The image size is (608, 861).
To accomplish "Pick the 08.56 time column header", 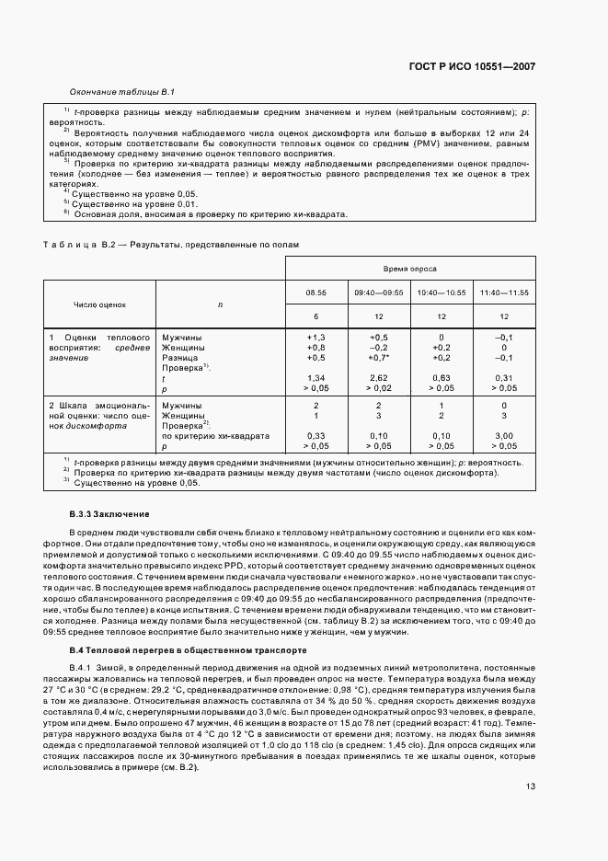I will click(316, 293).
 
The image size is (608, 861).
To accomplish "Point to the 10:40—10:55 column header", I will click(441, 293).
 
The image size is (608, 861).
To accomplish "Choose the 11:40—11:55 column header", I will click(504, 293).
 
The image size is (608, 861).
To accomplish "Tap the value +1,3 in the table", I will click(316, 338).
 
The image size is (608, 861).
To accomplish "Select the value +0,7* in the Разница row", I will click(380, 358).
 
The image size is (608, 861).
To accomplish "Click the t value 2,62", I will click(379, 378).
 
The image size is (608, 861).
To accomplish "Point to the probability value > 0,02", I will click(379, 388).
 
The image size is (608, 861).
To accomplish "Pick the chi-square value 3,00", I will click(504, 435).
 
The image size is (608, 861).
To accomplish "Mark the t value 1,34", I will click(316, 378).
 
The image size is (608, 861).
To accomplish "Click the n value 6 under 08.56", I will click(316, 316).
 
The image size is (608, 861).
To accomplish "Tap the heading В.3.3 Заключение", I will click(109, 512).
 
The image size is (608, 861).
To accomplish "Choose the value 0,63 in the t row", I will click(441, 378).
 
